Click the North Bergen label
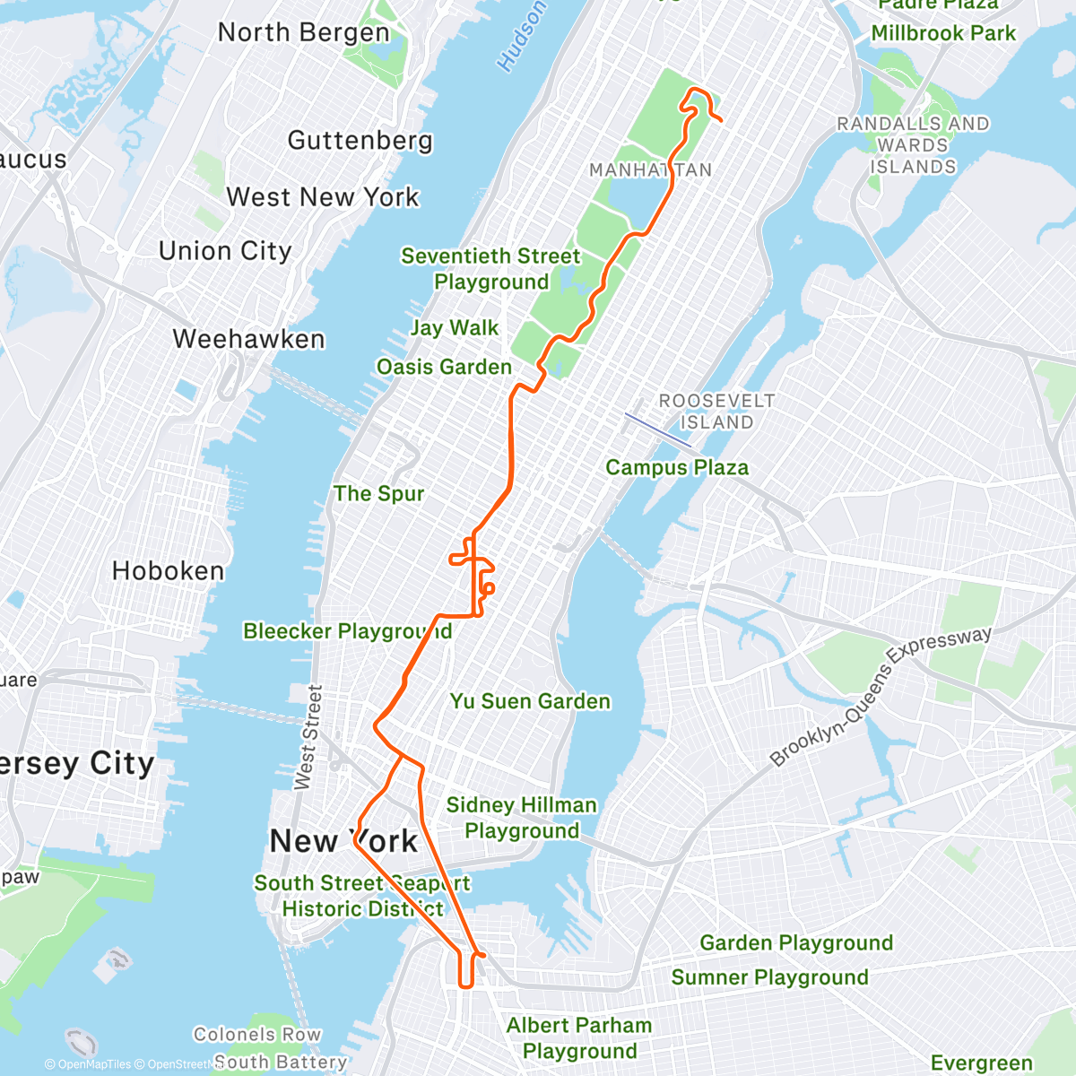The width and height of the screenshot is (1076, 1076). (x=304, y=33)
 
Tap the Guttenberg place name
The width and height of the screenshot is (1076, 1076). (x=360, y=141)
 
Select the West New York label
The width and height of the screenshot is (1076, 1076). (x=323, y=197)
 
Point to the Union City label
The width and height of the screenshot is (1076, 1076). (x=225, y=251)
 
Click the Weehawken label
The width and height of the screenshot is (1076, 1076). (x=248, y=339)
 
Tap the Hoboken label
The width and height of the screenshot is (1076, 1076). (x=168, y=571)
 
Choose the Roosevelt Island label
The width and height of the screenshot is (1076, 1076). (x=716, y=412)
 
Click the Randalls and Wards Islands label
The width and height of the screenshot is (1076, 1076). (x=913, y=145)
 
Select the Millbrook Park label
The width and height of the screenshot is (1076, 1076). (x=943, y=34)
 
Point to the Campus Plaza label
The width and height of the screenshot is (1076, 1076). (x=677, y=467)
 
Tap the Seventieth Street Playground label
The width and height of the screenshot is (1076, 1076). (x=490, y=269)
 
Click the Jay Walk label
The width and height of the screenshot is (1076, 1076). (x=454, y=328)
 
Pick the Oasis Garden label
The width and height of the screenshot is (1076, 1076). (x=444, y=367)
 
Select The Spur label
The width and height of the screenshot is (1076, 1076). (x=378, y=494)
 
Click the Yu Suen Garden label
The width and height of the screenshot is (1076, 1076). (x=530, y=701)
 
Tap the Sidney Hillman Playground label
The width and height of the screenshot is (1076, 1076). (x=521, y=818)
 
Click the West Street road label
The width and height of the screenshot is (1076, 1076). (x=308, y=737)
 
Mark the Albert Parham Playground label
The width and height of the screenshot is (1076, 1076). (x=579, y=1037)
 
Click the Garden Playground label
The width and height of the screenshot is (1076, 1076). (x=796, y=943)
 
